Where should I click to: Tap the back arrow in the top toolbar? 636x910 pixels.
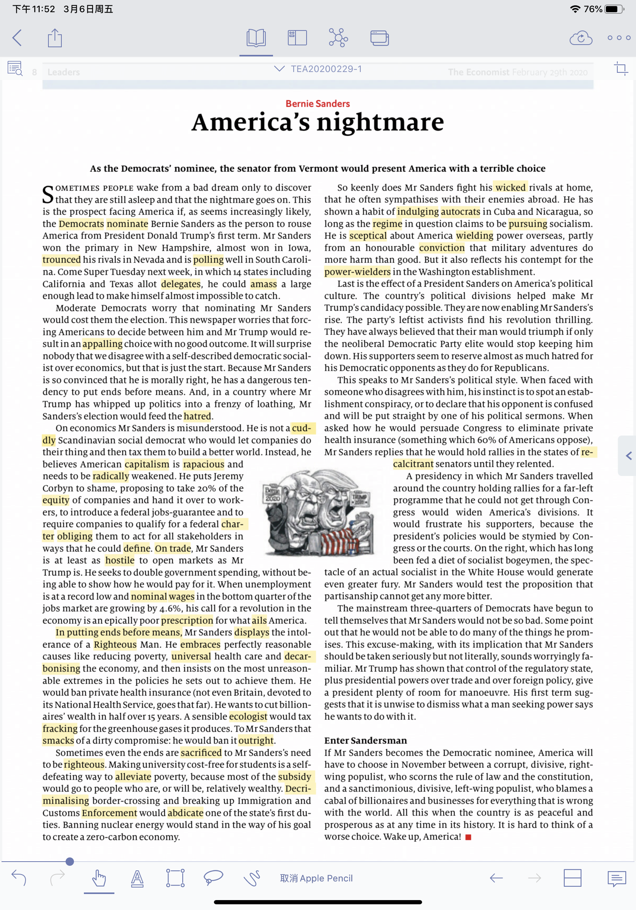click(x=17, y=38)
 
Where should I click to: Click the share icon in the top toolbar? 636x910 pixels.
click(x=55, y=38)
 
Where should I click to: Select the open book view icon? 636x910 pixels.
click(x=256, y=38)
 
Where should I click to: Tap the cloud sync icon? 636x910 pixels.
click(x=580, y=38)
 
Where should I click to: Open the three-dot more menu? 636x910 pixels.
click(x=618, y=38)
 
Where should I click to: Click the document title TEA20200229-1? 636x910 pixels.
click(x=326, y=69)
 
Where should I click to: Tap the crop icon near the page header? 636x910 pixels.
click(x=620, y=69)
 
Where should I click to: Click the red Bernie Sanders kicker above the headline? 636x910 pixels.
click(x=318, y=104)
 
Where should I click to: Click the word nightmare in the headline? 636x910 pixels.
click(x=380, y=122)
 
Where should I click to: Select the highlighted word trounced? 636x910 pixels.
click(x=61, y=260)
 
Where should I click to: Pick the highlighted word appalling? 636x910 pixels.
click(x=102, y=344)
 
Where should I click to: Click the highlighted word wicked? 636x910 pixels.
click(x=510, y=187)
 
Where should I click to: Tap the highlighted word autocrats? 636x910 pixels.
click(x=460, y=211)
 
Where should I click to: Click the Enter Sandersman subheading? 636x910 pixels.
click(x=365, y=740)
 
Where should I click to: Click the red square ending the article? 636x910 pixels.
click(x=468, y=837)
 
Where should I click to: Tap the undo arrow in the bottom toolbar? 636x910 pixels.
click(x=19, y=878)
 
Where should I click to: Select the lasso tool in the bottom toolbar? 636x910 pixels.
click(x=213, y=878)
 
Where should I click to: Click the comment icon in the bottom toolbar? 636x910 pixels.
click(x=616, y=878)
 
